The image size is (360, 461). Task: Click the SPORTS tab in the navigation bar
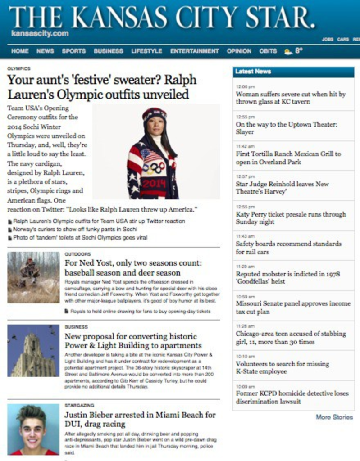pyautogui.click(x=73, y=51)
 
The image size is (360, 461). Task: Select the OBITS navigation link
pyautogui.click(x=268, y=51)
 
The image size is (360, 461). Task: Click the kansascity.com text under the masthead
pyautogui.click(x=39, y=33)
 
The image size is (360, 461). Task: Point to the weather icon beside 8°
pyautogui.click(x=288, y=51)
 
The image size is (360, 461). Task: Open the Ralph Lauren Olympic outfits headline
pyautogui.click(x=102, y=87)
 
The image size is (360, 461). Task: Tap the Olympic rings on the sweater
pyautogui.click(x=154, y=168)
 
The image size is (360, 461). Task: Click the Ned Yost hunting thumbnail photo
pyautogui.click(x=33, y=277)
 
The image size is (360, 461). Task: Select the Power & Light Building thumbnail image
pyautogui.click(x=33, y=351)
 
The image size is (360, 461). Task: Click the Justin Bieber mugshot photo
pyautogui.click(x=33, y=429)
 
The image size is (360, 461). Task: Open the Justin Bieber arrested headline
pyautogui.click(x=140, y=419)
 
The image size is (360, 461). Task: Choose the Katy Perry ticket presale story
pyautogui.click(x=291, y=218)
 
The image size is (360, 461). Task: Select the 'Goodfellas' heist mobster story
pyautogui.click(x=287, y=277)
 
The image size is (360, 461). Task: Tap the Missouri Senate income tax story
pyautogui.click(x=293, y=307)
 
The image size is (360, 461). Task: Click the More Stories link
pyautogui.click(x=334, y=417)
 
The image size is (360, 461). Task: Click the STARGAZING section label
pyautogui.click(x=80, y=405)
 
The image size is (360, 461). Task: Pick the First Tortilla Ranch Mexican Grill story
pyautogui.click(x=288, y=158)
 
